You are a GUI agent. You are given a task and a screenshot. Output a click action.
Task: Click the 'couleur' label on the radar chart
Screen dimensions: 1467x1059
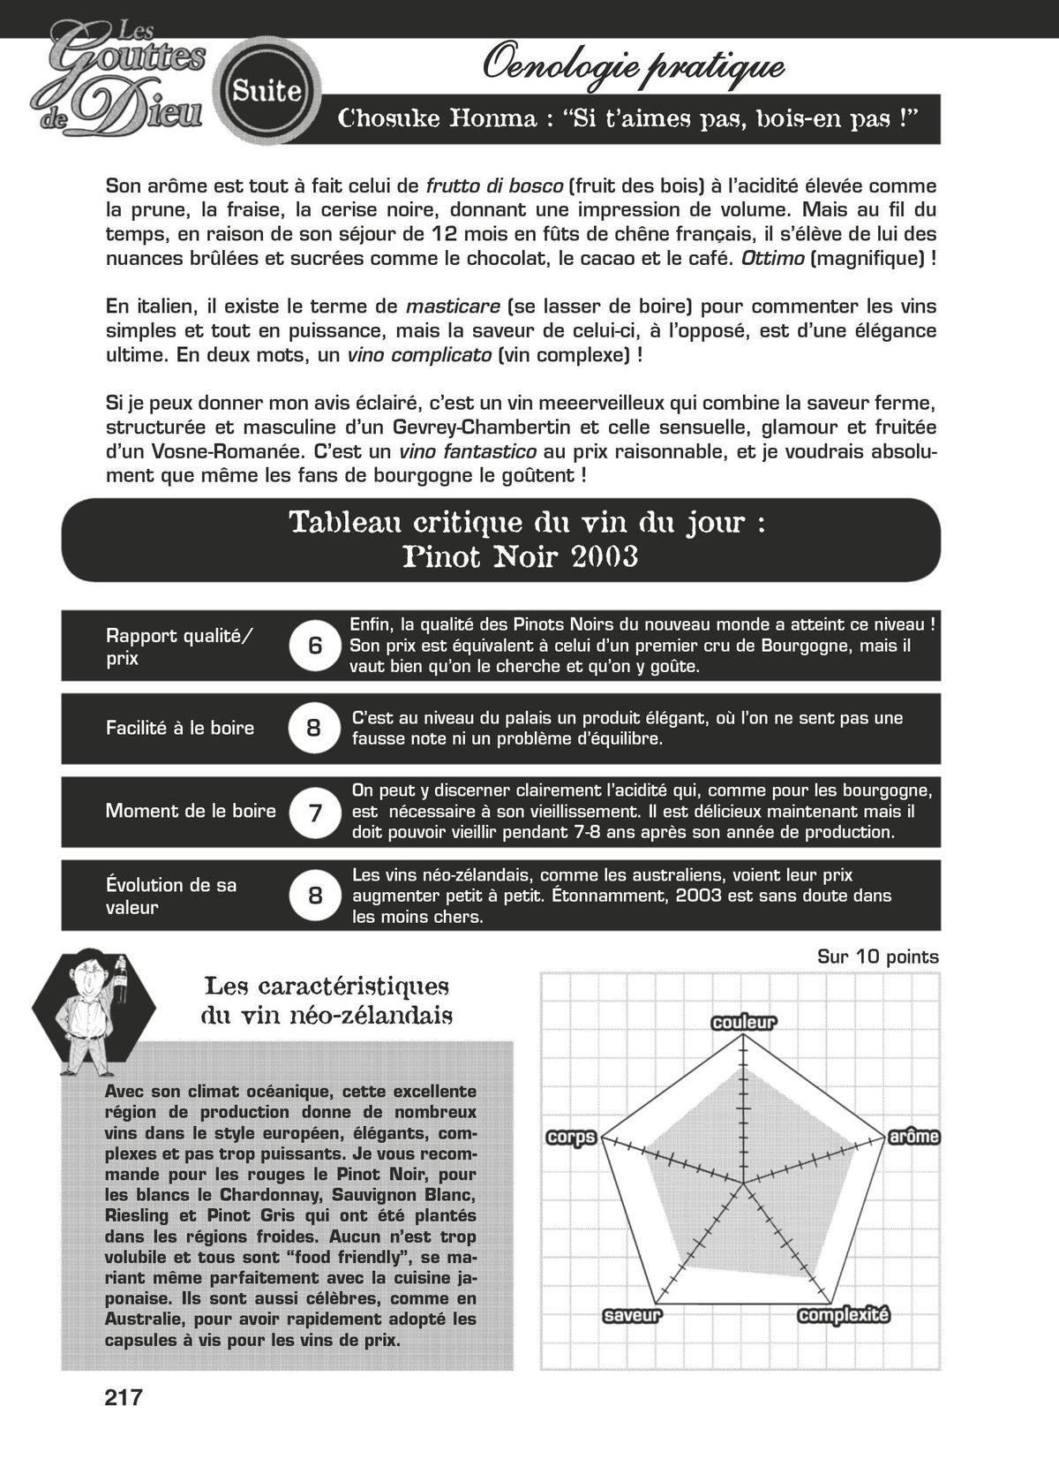[x=743, y=1023]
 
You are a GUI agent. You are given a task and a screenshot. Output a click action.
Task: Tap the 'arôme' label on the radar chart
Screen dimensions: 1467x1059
[x=913, y=1137]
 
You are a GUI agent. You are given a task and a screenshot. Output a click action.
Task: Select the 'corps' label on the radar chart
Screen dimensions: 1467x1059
[x=572, y=1138]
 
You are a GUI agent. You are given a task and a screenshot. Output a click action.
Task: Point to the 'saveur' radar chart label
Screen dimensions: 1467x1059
[x=632, y=1316]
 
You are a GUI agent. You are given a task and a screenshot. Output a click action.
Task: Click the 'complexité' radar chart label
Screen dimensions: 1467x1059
[x=844, y=1316]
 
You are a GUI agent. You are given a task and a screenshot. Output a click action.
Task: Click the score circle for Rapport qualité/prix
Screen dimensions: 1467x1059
[x=315, y=646]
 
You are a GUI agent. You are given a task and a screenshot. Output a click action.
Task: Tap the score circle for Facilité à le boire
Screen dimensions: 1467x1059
[x=314, y=728]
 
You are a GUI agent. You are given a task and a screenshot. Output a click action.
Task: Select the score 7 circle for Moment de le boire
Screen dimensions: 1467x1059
[x=315, y=812]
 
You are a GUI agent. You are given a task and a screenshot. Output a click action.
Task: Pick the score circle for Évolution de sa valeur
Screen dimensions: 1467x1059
[x=315, y=896]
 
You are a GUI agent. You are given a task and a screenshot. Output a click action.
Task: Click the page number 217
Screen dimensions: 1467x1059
[x=124, y=1398]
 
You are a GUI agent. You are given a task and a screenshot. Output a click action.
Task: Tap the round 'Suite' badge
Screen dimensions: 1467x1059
[x=267, y=90]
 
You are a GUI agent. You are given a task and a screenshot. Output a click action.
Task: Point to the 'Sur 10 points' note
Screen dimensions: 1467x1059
[x=877, y=957]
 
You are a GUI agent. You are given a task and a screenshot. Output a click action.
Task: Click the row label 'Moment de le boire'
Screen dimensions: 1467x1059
[x=191, y=811]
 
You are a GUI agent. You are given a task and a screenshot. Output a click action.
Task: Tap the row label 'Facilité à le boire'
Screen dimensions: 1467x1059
[x=180, y=728]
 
